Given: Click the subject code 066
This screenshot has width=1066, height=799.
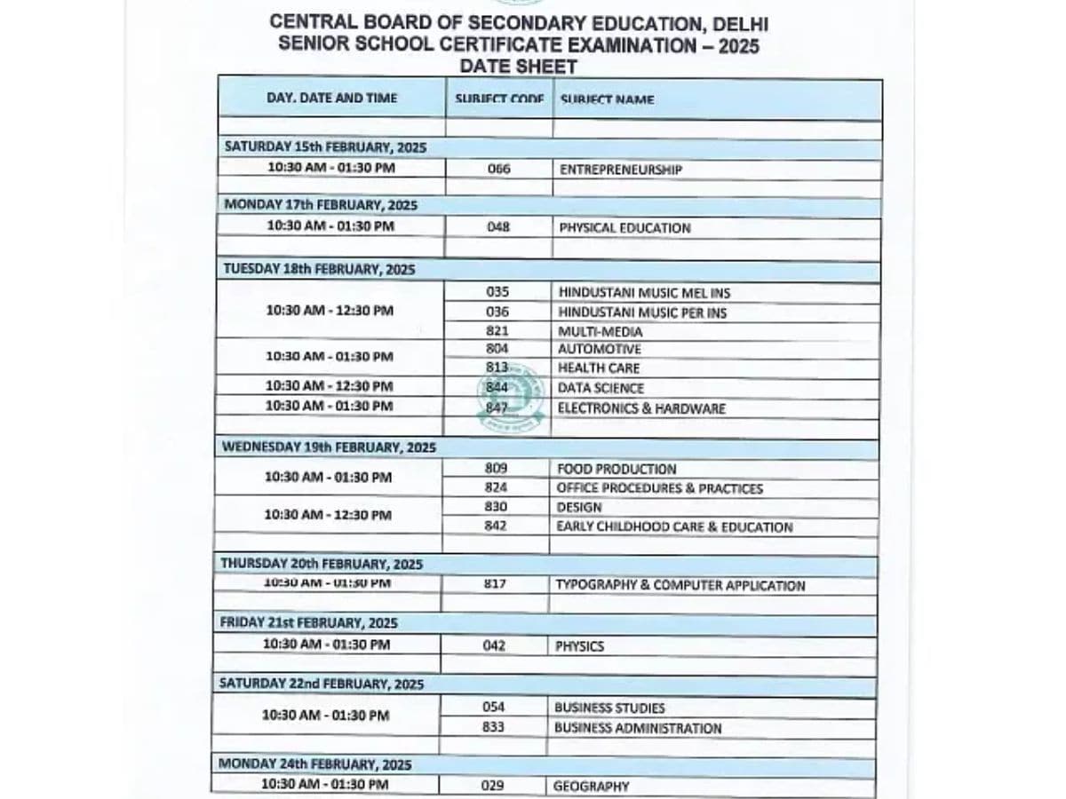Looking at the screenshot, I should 499,169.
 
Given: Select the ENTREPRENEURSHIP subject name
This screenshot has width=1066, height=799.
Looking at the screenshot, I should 620,169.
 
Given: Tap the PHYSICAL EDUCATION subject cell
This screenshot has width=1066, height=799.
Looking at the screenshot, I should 624,227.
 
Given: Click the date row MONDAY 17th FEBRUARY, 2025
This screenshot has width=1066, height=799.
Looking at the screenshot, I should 321,205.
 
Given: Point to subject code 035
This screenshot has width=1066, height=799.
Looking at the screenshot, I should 497,291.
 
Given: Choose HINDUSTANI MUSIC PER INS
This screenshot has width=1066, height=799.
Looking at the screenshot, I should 642,312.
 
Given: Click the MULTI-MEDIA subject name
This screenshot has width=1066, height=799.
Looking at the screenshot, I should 600,331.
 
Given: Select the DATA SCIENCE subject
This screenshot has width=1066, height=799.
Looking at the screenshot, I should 601,388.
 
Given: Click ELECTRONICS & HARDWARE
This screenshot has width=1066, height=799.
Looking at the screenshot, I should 641,408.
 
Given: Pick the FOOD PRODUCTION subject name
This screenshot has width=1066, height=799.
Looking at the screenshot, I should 616,469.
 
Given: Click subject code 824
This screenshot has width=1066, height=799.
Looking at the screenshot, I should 496,487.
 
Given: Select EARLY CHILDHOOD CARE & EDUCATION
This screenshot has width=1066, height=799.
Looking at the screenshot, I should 674,526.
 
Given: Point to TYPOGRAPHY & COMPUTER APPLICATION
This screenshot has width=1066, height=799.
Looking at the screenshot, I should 680,585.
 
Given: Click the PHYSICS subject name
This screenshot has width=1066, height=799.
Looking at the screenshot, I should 579,646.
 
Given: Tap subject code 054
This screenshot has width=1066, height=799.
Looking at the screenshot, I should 493,707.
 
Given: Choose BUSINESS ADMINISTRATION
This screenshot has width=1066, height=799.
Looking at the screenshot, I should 638,728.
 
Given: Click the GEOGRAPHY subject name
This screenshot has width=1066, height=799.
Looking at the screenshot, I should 591,786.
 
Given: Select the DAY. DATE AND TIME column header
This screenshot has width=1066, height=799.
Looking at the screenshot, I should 332,98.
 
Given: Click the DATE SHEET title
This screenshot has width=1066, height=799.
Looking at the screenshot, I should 519,67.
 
